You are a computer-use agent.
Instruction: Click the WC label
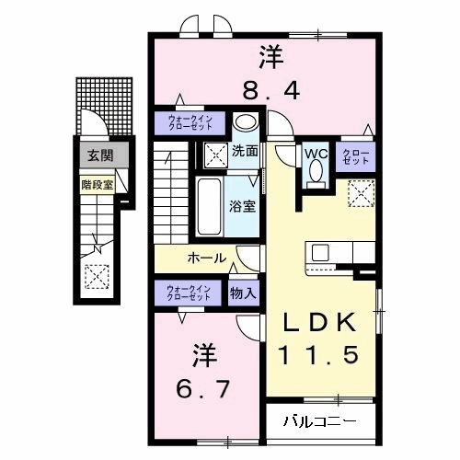point(316,153)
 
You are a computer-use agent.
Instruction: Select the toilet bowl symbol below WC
point(316,172)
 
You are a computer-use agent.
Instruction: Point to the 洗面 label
point(245,151)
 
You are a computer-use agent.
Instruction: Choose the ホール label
point(207,259)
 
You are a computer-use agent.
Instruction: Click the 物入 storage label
point(244,294)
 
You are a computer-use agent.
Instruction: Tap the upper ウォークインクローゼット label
point(189,122)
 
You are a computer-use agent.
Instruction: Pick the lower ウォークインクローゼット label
point(189,294)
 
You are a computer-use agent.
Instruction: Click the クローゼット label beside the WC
point(357,156)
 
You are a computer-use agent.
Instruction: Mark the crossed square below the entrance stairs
point(95,275)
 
